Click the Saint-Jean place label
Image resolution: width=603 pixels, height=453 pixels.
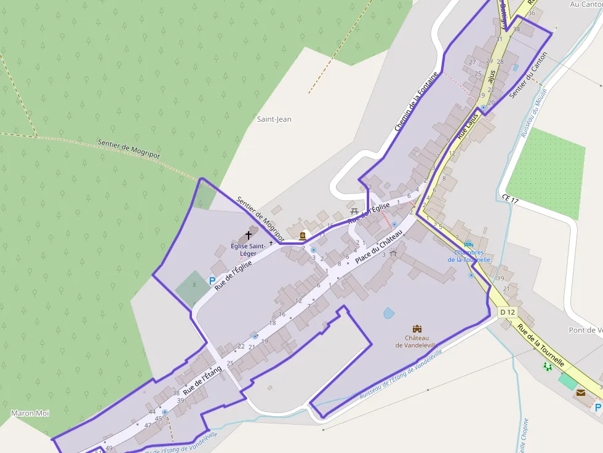click(x=274, y=119)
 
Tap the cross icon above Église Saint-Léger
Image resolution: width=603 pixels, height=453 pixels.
click(x=249, y=235)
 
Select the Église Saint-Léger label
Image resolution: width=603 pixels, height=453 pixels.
click(x=248, y=250)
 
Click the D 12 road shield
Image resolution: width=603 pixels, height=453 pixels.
click(x=508, y=312)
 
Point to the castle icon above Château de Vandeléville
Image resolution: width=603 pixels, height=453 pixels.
click(x=417, y=329)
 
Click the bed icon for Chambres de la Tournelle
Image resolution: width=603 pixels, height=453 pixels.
click(x=469, y=244)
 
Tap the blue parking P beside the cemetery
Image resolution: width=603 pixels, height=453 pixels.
click(x=212, y=281)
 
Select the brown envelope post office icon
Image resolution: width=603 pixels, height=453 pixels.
click(x=580, y=392)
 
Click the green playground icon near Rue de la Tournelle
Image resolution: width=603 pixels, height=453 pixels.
click(x=548, y=366)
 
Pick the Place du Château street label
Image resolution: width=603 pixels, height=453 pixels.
click(x=378, y=247)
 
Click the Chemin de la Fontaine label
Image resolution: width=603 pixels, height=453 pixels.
click(x=417, y=102)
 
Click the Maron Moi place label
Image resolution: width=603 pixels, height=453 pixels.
click(x=30, y=413)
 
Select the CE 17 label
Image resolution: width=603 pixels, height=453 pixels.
click(x=511, y=199)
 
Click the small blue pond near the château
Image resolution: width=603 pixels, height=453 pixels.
click(x=389, y=313)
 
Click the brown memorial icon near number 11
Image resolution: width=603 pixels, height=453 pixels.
click(x=303, y=235)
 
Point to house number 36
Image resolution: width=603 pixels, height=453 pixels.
click(x=532, y=13)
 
